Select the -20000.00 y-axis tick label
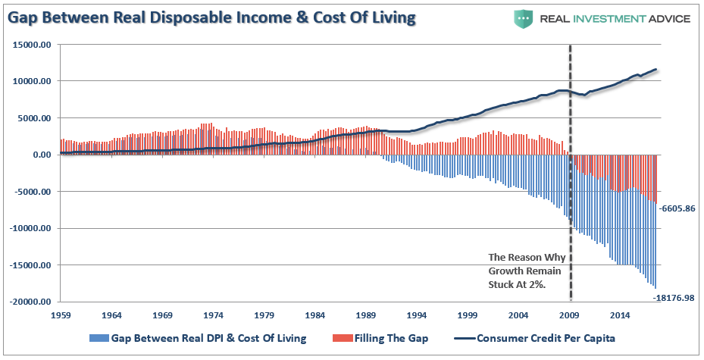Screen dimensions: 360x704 (30, 302)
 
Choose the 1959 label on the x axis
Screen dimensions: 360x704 (60, 315)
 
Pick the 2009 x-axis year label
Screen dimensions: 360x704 (570, 315)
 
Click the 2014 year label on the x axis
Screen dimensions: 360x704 (621, 315)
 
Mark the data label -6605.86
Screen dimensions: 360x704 (677, 208)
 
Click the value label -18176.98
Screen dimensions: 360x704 (675, 297)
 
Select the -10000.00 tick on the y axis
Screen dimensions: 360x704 (30, 228)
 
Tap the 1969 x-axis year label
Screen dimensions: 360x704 (162, 315)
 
